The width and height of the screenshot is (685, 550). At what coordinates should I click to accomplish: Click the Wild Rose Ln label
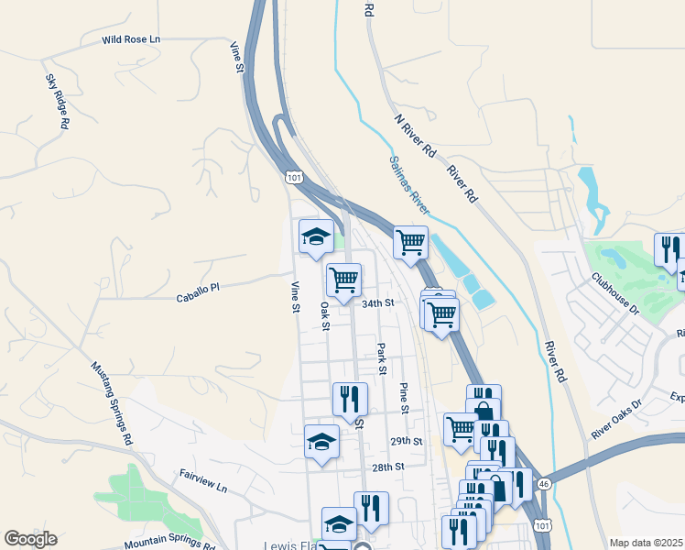(131, 40)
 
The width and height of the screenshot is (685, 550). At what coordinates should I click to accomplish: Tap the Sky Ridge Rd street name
(57, 102)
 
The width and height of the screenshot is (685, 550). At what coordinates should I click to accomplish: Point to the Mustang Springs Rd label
(111, 402)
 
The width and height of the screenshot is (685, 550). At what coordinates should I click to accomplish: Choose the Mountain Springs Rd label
(170, 543)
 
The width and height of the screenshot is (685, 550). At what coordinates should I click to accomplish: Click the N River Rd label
(415, 133)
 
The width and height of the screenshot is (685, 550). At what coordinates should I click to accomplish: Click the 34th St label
(376, 303)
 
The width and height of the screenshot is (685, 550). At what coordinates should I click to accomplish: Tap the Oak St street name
(324, 312)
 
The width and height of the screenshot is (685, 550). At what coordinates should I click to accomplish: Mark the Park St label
(381, 359)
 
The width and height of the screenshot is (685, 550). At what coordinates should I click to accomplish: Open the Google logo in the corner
(30, 539)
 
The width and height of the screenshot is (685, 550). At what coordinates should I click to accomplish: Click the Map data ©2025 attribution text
(646, 543)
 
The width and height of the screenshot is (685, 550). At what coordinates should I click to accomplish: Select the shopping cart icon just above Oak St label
(344, 279)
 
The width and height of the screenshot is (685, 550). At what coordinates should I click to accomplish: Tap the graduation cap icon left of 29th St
(321, 441)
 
